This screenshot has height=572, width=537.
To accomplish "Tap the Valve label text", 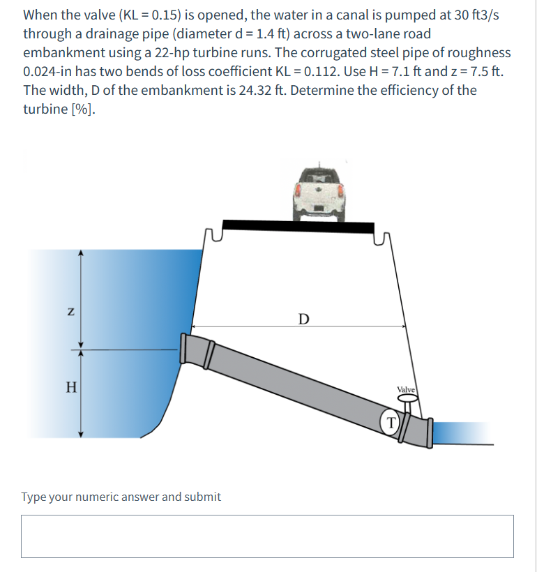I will click(x=406, y=389).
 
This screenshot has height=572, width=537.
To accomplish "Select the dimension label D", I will click(x=302, y=319).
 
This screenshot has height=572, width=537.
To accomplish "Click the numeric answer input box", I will click(x=267, y=536).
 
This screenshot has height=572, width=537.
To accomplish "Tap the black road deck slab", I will click(x=296, y=227).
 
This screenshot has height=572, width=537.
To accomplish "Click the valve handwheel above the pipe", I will click(x=408, y=400).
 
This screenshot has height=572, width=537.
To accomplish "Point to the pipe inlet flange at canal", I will click(x=186, y=347).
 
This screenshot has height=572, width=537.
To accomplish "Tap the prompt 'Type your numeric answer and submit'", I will click(x=121, y=497).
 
